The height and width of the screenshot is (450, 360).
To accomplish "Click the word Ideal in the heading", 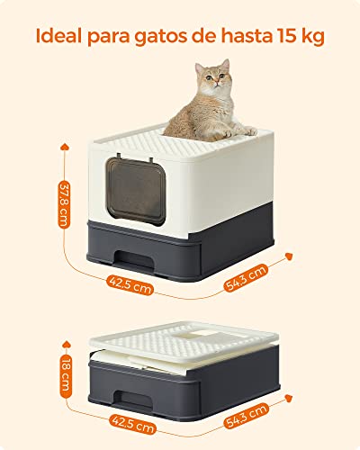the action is point(58,36).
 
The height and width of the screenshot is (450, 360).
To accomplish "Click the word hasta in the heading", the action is point(245,36).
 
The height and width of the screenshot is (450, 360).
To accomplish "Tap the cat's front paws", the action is point(240,131).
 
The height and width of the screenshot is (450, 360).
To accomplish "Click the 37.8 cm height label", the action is point(64,204).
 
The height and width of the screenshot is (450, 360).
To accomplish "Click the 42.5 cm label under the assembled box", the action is point(130,285).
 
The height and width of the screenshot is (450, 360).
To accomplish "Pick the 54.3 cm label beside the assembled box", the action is point(246,278).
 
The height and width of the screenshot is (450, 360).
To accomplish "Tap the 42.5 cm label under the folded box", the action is point(133,424).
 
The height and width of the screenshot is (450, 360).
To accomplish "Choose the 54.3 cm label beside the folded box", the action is point(247,416).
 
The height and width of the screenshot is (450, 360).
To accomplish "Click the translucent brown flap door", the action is point(136,191).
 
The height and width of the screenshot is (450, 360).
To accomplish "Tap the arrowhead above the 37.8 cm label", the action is point(65,147).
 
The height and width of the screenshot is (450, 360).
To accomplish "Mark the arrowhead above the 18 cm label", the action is point(66,345).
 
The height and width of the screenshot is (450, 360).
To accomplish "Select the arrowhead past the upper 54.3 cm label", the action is point(289,256).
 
